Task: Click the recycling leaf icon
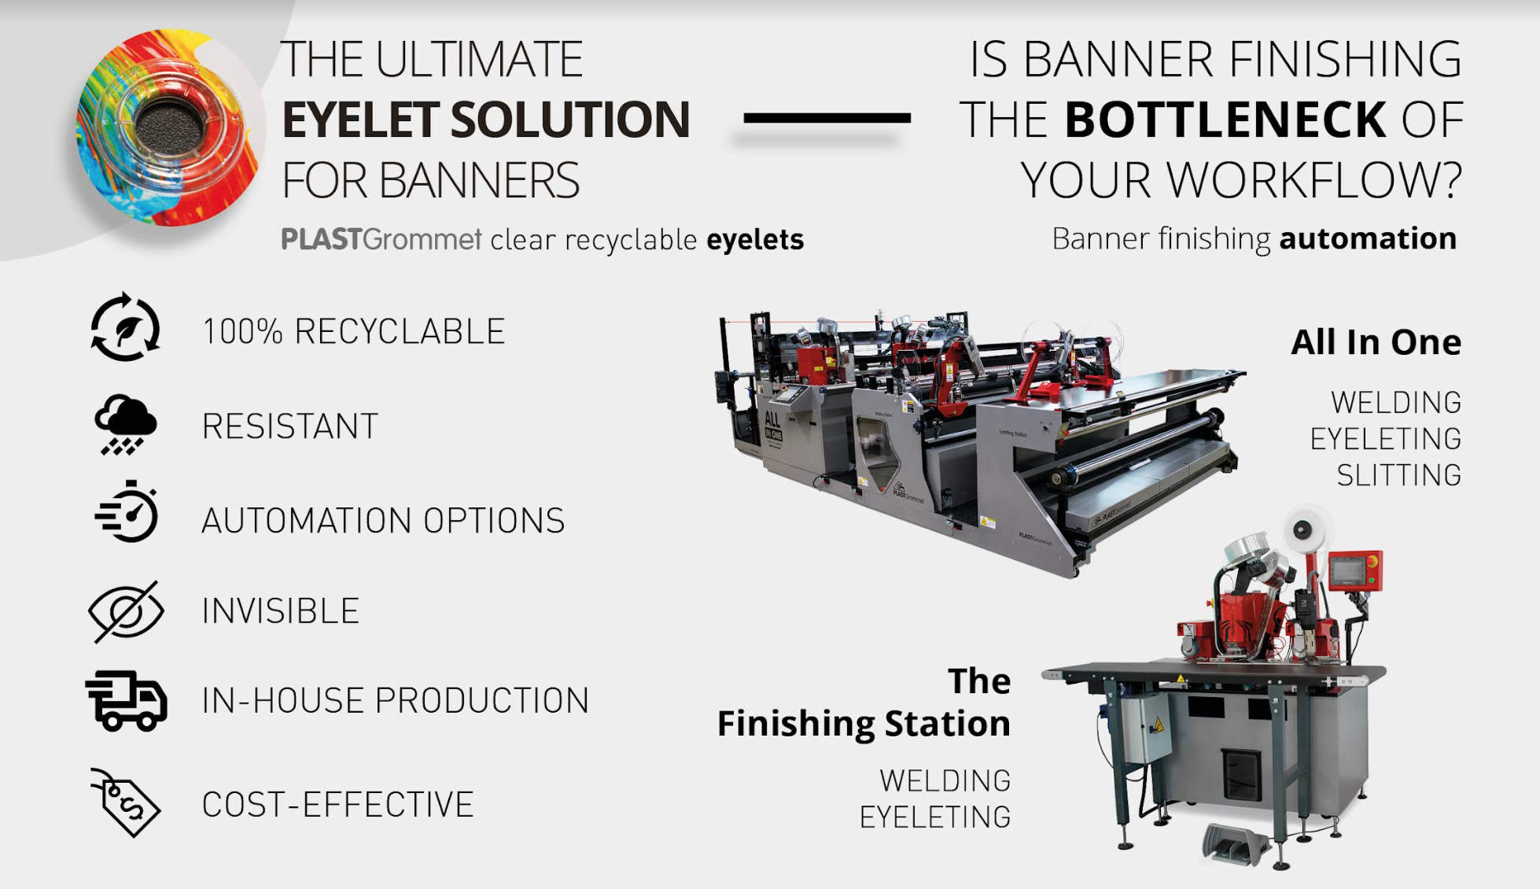click(x=125, y=327)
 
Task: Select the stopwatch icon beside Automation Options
click(x=127, y=512)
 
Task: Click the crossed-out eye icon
click(x=126, y=611)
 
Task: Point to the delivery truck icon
click(x=126, y=700)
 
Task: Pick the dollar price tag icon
click(x=126, y=802)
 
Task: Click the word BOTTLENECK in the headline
click(x=1225, y=120)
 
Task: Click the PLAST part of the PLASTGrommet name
click(x=322, y=238)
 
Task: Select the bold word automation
click(x=1368, y=238)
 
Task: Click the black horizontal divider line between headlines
click(x=827, y=118)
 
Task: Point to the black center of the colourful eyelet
click(x=168, y=126)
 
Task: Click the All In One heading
click(x=1376, y=342)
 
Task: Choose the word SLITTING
click(x=1399, y=475)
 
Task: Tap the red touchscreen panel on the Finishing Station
click(x=1355, y=570)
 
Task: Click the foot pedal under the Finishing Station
click(x=1236, y=843)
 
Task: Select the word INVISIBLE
click(x=281, y=611)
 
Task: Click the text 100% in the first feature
click(x=242, y=331)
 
